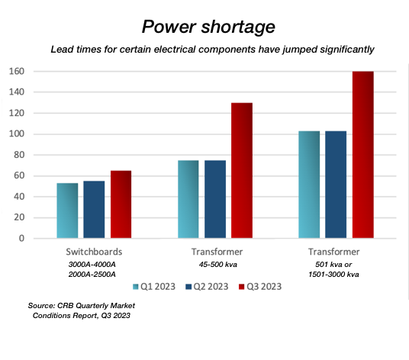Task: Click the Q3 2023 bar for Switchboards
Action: click(x=121, y=204)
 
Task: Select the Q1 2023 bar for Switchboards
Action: click(x=67, y=211)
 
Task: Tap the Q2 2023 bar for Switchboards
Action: click(x=94, y=210)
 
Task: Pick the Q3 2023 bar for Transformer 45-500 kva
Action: click(x=242, y=171)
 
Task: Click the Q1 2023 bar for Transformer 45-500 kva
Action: click(x=188, y=199)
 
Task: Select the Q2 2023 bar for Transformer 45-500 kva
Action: click(x=215, y=199)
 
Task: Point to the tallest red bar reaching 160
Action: click(x=362, y=155)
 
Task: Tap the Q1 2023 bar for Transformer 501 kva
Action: click(x=309, y=185)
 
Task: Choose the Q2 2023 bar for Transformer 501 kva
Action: click(x=336, y=185)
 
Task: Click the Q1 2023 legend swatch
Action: click(x=135, y=287)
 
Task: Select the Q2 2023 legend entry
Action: click(x=207, y=287)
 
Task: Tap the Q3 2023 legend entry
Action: click(x=260, y=287)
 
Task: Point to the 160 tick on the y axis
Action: click(x=17, y=71)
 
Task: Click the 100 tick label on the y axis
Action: click(x=17, y=134)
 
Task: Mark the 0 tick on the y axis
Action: click(x=21, y=238)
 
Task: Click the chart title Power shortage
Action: click(x=208, y=27)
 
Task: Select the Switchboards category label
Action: click(x=94, y=252)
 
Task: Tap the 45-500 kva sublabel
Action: click(x=218, y=265)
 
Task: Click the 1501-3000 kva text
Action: click(x=333, y=275)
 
